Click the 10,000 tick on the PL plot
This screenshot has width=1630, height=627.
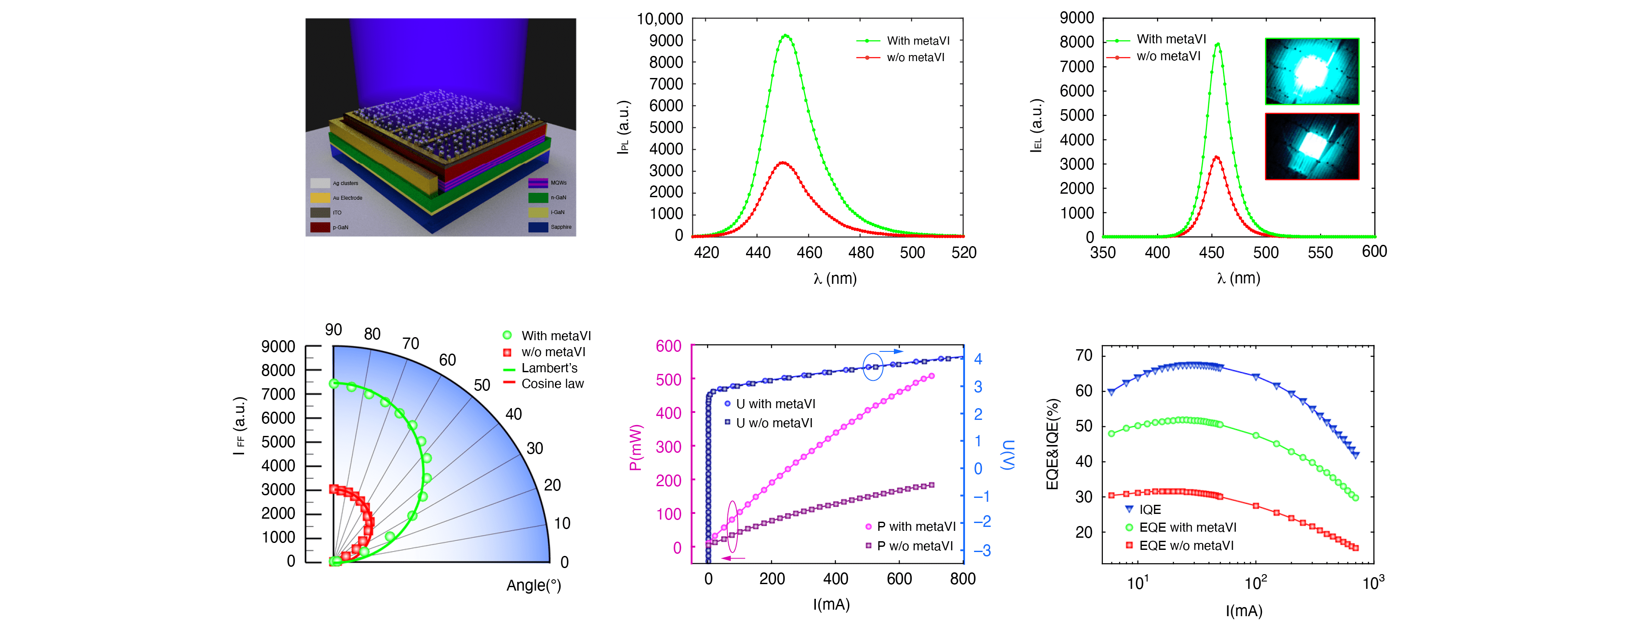(659, 19)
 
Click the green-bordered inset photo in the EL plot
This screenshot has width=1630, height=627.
(1312, 71)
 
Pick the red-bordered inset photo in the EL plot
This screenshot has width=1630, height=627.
(1312, 146)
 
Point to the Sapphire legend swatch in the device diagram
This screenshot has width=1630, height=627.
(538, 227)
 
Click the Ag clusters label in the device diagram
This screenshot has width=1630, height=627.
(346, 183)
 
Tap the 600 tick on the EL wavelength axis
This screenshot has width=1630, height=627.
(1374, 251)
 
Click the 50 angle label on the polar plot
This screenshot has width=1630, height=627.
(482, 385)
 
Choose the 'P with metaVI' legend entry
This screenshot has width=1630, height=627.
(916, 526)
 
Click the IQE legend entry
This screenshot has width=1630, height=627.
(1150, 509)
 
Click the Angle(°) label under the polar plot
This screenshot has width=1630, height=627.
(533, 585)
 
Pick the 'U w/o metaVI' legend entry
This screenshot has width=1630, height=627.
(774, 422)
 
